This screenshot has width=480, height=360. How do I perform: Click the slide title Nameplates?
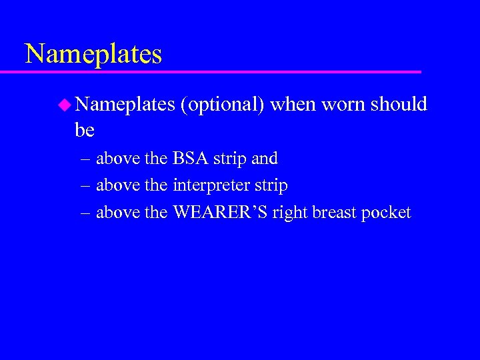coord(93,53)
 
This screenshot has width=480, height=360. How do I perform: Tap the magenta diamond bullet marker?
coord(64,104)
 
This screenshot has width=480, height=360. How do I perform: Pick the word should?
coord(399,104)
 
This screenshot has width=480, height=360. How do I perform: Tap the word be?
coord(85,130)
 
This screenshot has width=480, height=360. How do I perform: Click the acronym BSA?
coord(191,159)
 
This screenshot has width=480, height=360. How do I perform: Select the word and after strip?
coord(265,159)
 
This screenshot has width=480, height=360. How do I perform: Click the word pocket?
coord(387,213)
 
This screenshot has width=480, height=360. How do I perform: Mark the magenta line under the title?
coord(220,71)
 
